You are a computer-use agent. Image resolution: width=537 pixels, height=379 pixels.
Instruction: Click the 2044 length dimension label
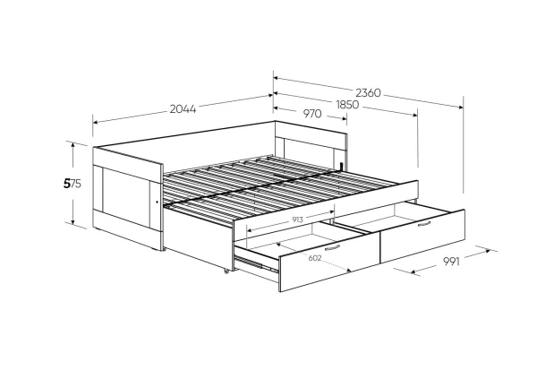pos(183,109)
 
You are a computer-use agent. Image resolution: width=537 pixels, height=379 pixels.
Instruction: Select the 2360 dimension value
pos(368,93)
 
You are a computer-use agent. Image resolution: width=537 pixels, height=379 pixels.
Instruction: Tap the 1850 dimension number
pos(347,105)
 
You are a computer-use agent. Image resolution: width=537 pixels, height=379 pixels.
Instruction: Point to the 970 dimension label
pos(312,114)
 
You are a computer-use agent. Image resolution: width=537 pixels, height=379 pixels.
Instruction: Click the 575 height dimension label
pos(72,184)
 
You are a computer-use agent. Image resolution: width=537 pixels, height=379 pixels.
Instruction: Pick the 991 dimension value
pos(451,262)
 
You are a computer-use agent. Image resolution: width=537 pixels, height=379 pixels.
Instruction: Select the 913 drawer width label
pos(298,220)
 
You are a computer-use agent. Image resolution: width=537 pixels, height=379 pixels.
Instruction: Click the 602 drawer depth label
pos(315,258)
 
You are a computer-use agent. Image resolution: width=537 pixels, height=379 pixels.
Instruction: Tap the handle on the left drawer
pos(332,247)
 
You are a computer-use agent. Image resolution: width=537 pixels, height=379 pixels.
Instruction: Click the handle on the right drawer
pos(424,224)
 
